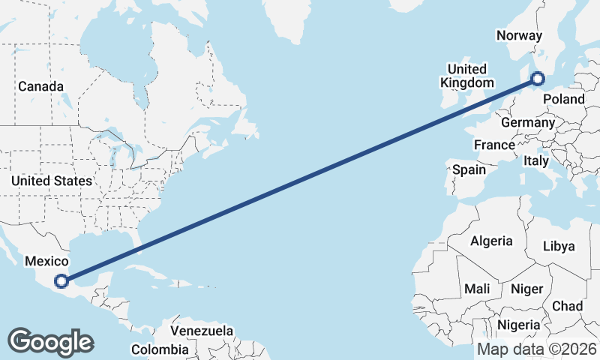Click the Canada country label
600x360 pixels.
(40, 86)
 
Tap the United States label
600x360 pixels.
(52, 181)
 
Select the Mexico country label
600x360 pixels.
(46, 261)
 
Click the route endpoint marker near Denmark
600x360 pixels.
(538, 78)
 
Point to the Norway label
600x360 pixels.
(520, 35)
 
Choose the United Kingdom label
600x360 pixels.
(467, 76)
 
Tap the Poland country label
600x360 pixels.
(563, 99)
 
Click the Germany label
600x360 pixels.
(527, 122)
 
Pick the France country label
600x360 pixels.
(494, 145)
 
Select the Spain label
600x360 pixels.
(469, 169)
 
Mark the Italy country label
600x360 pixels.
(536, 160)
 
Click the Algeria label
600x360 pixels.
(491, 241)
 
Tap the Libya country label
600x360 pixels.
(559, 246)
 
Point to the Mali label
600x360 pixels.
(478, 288)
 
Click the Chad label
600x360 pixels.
(567, 306)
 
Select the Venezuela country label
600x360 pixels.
(202, 331)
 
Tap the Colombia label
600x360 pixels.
(160, 349)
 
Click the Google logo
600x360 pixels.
(50, 342)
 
